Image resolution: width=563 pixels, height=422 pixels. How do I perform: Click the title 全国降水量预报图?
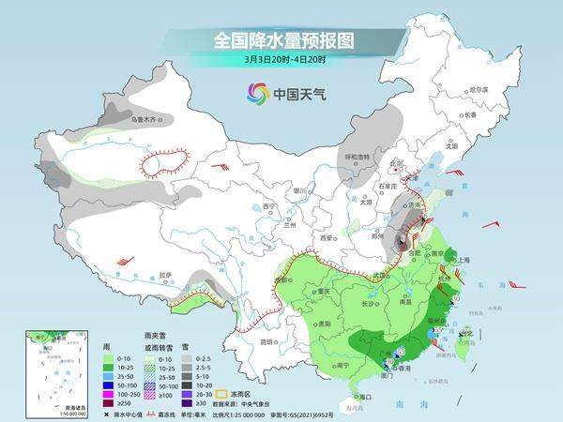pyautogui.click(x=281, y=41)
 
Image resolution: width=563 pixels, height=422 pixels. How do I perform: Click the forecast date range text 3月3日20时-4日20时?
pyautogui.click(x=281, y=62)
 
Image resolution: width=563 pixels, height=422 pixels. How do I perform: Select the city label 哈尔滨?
pyautogui.click(x=479, y=89)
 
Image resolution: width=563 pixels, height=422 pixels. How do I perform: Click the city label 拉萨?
pyautogui.click(x=166, y=275)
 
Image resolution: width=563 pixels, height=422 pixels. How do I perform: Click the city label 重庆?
pyautogui.click(x=324, y=291)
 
